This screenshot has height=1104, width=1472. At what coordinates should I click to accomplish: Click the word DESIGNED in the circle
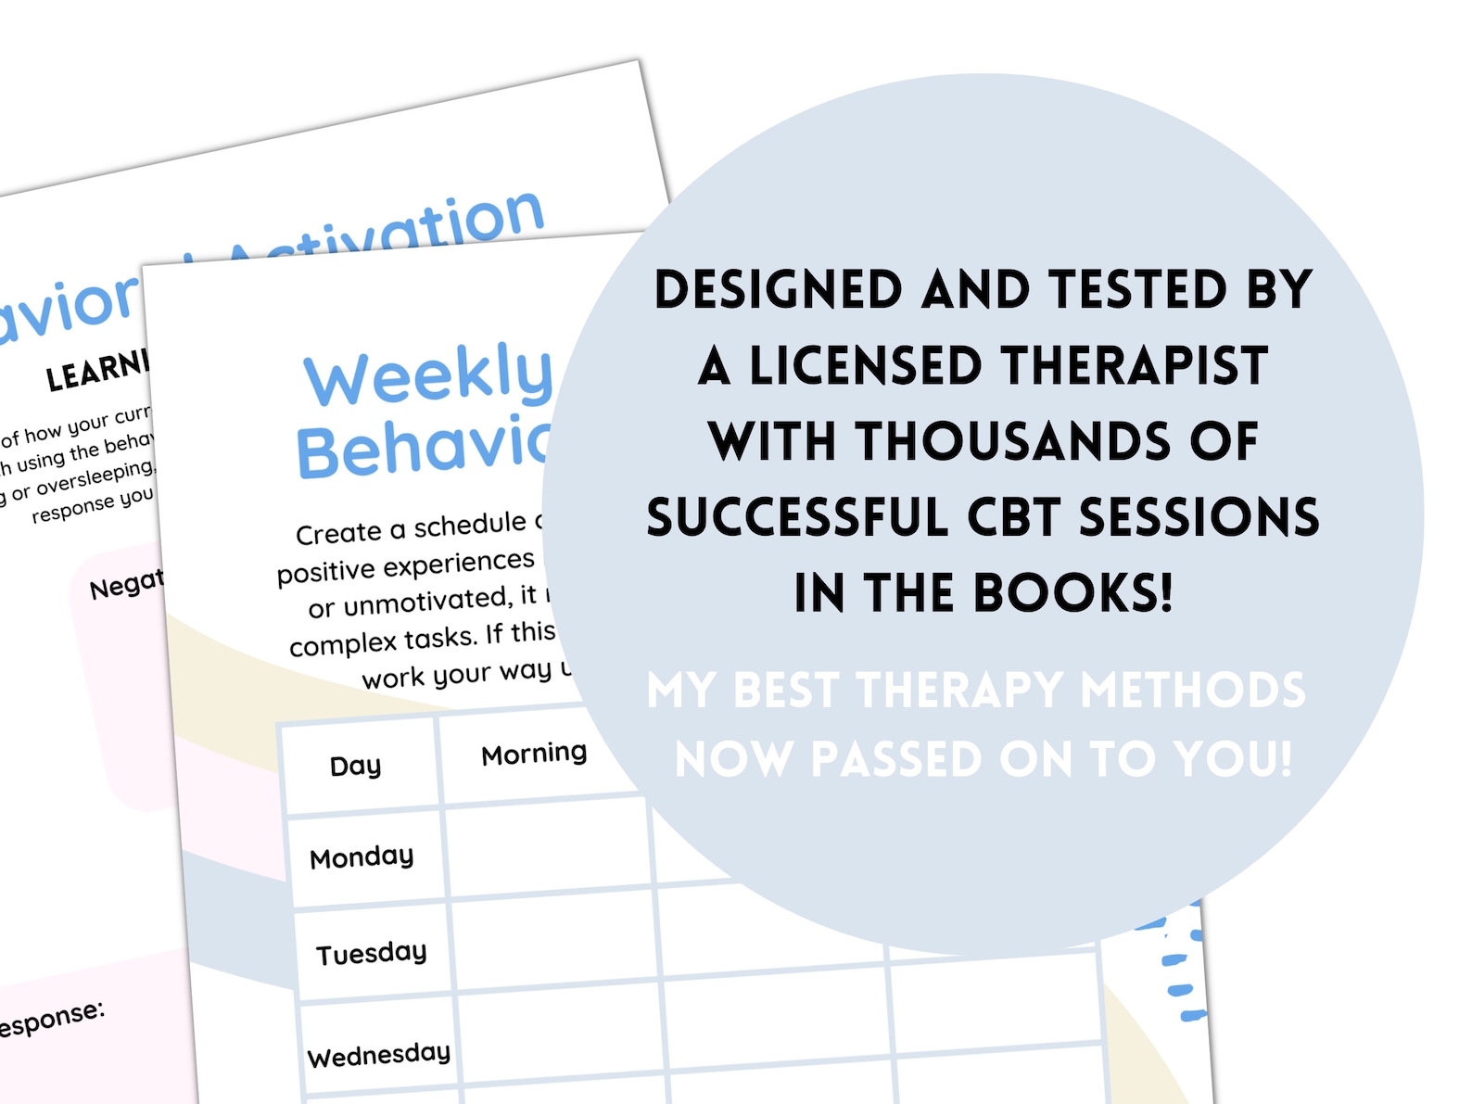pyautogui.click(x=778, y=290)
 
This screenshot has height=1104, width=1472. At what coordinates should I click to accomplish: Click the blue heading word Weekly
pyautogui.click(x=427, y=374)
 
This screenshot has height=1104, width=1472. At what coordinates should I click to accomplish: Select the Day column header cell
pyautogui.click(x=356, y=766)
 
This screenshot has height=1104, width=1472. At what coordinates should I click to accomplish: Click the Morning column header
pyautogui.click(x=534, y=754)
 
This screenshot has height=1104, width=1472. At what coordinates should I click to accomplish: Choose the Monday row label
pyautogui.click(x=362, y=857)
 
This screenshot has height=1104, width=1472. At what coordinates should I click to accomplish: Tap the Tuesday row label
pyautogui.click(x=371, y=953)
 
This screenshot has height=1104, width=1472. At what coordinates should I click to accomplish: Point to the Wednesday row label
pyautogui.click(x=378, y=1055)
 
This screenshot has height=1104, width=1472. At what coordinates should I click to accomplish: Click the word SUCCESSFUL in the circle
pyautogui.click(x=796, y=517)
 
